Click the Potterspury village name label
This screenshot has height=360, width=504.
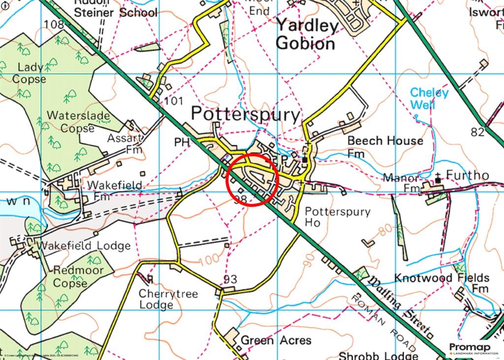(x=245, y=115)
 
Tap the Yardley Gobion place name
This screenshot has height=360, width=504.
(x=306, y=34)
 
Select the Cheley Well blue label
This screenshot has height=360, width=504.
(x=429, y=98)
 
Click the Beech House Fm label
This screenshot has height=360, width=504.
(x=385, y=146)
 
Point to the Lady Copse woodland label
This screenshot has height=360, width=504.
(x=30, y=73)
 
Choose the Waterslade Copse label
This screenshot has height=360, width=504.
(x=70, y=121)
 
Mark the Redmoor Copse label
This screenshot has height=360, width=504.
(x=78, y=276)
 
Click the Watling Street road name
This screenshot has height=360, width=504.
(x=400, y=305)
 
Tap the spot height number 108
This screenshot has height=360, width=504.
(x=54, y=24)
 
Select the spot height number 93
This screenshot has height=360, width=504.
(x=230, y=279)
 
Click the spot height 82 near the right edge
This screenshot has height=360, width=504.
(x=477, y=131)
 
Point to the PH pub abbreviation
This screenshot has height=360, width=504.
(x=182, y=142)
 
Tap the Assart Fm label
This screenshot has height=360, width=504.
(x=127, y=143)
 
